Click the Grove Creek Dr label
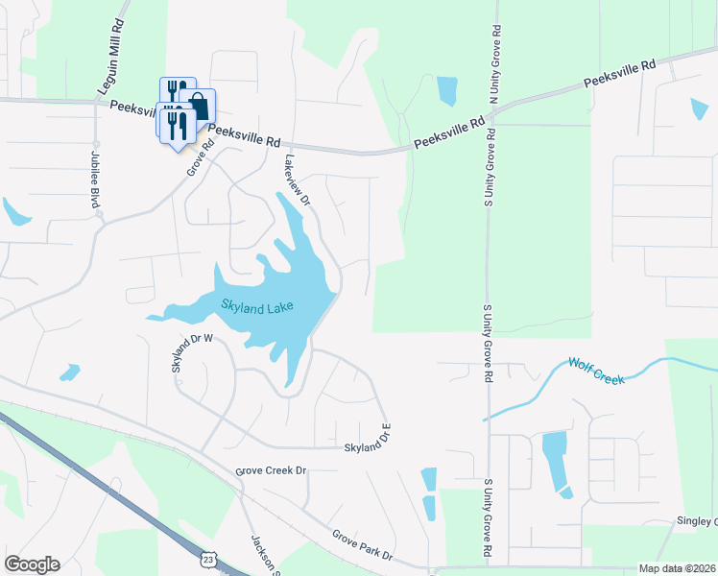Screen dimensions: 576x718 click(x=271, y=471)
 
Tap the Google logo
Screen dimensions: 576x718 click(x=32, y=564)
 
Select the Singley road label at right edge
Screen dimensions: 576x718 click(x=699, y=521)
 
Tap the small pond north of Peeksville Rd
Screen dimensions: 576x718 click(x=446, y=90)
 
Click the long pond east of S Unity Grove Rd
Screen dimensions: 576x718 click(x=555, y=459)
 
